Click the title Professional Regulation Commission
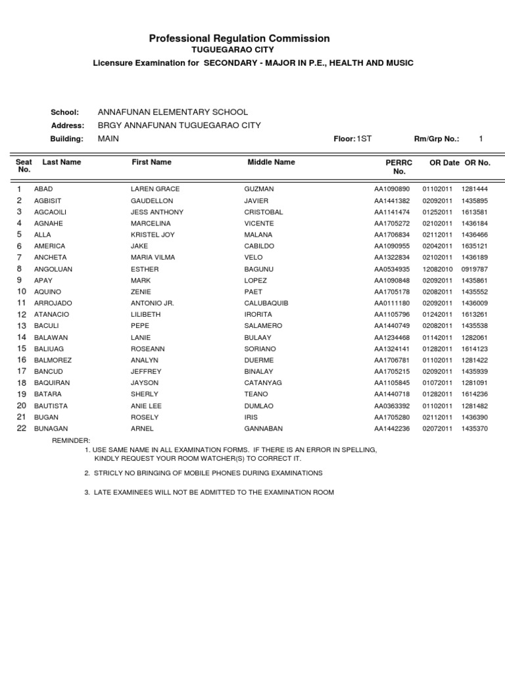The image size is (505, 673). (239, 39)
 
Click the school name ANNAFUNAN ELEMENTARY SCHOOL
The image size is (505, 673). (172, 112)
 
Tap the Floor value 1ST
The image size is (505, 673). (364, 139)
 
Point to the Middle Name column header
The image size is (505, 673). (271, 162)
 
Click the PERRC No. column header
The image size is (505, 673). (398, 166)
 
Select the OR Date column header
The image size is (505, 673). (444, 162)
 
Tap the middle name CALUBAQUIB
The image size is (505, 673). (266, 303)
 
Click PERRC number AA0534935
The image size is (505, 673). (392, 269)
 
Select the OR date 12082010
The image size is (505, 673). (437, 269)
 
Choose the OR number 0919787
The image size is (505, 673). (475, 269)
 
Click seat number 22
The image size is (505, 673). (21, 429)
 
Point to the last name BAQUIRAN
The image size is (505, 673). (52, 383)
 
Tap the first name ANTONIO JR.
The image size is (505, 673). (152, 303)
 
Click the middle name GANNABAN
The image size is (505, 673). (263, 429)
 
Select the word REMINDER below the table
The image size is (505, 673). (71, 440)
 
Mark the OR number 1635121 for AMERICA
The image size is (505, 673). (475, 246)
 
